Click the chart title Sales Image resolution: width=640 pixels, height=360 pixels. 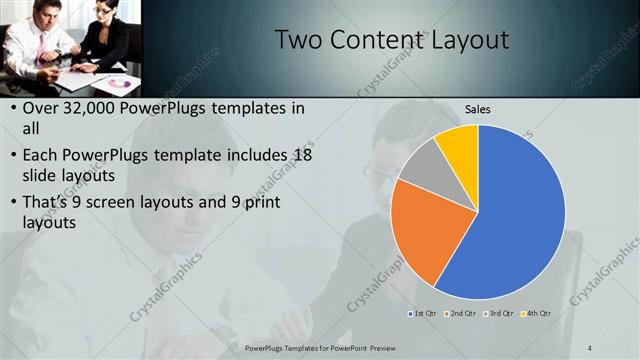click(x=478, y=110)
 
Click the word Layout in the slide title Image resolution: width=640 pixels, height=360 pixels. click(x=470, y=40)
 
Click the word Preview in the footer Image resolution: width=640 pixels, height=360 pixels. click(x=372, y=347)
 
